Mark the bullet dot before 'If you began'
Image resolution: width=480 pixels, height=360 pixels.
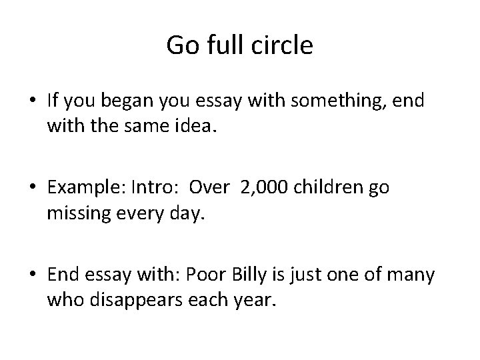click(33, 101)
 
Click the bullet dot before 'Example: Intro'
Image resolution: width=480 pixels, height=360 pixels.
click(33, 189)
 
